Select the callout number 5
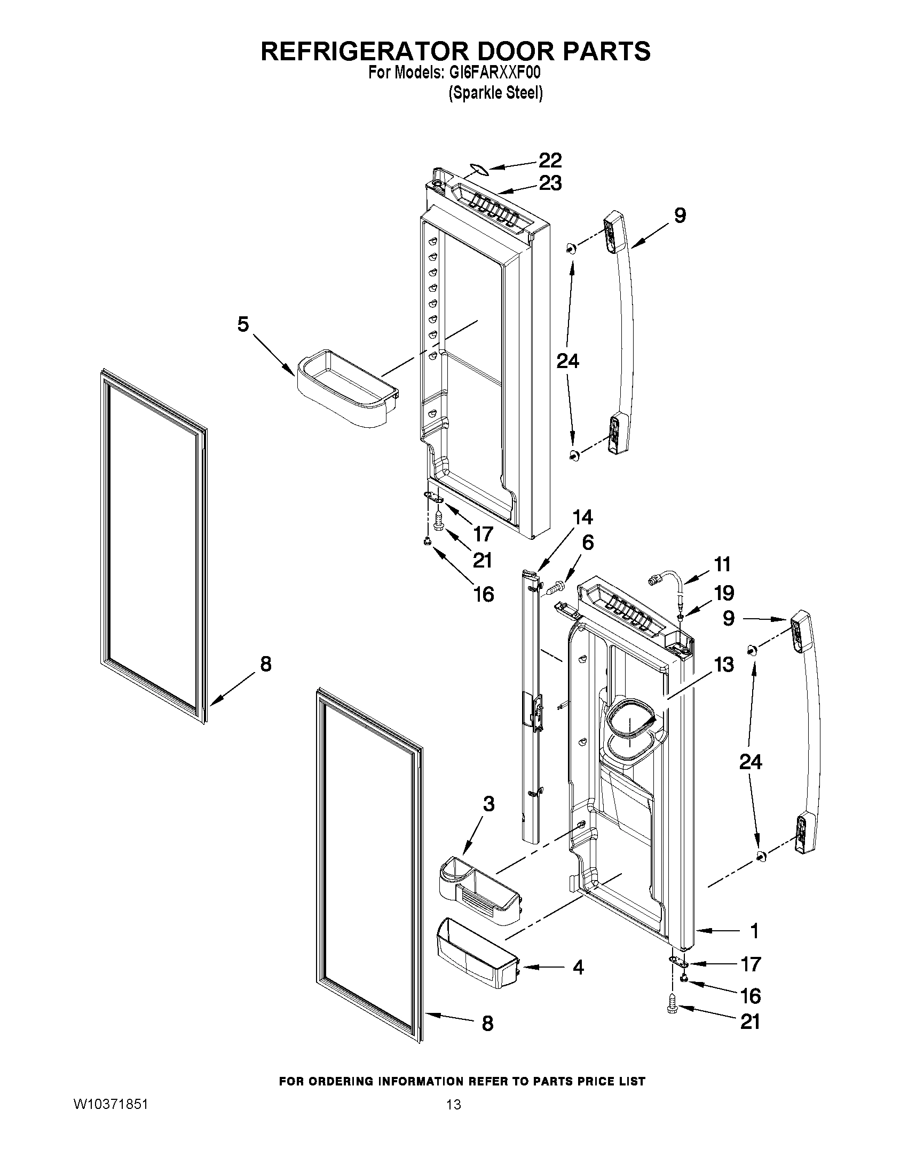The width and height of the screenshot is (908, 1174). click(243, 325)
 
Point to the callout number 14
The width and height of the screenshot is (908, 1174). click(582, 517)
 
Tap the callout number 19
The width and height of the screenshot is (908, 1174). click(724, 593)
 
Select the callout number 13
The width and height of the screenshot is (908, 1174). click(724, 665)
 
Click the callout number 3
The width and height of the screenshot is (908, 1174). click(488, 819)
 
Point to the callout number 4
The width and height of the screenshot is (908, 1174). click(578, 968)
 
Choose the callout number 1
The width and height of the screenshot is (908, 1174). click(754, 930)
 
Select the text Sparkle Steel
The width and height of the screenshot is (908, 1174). click(495, 93)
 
